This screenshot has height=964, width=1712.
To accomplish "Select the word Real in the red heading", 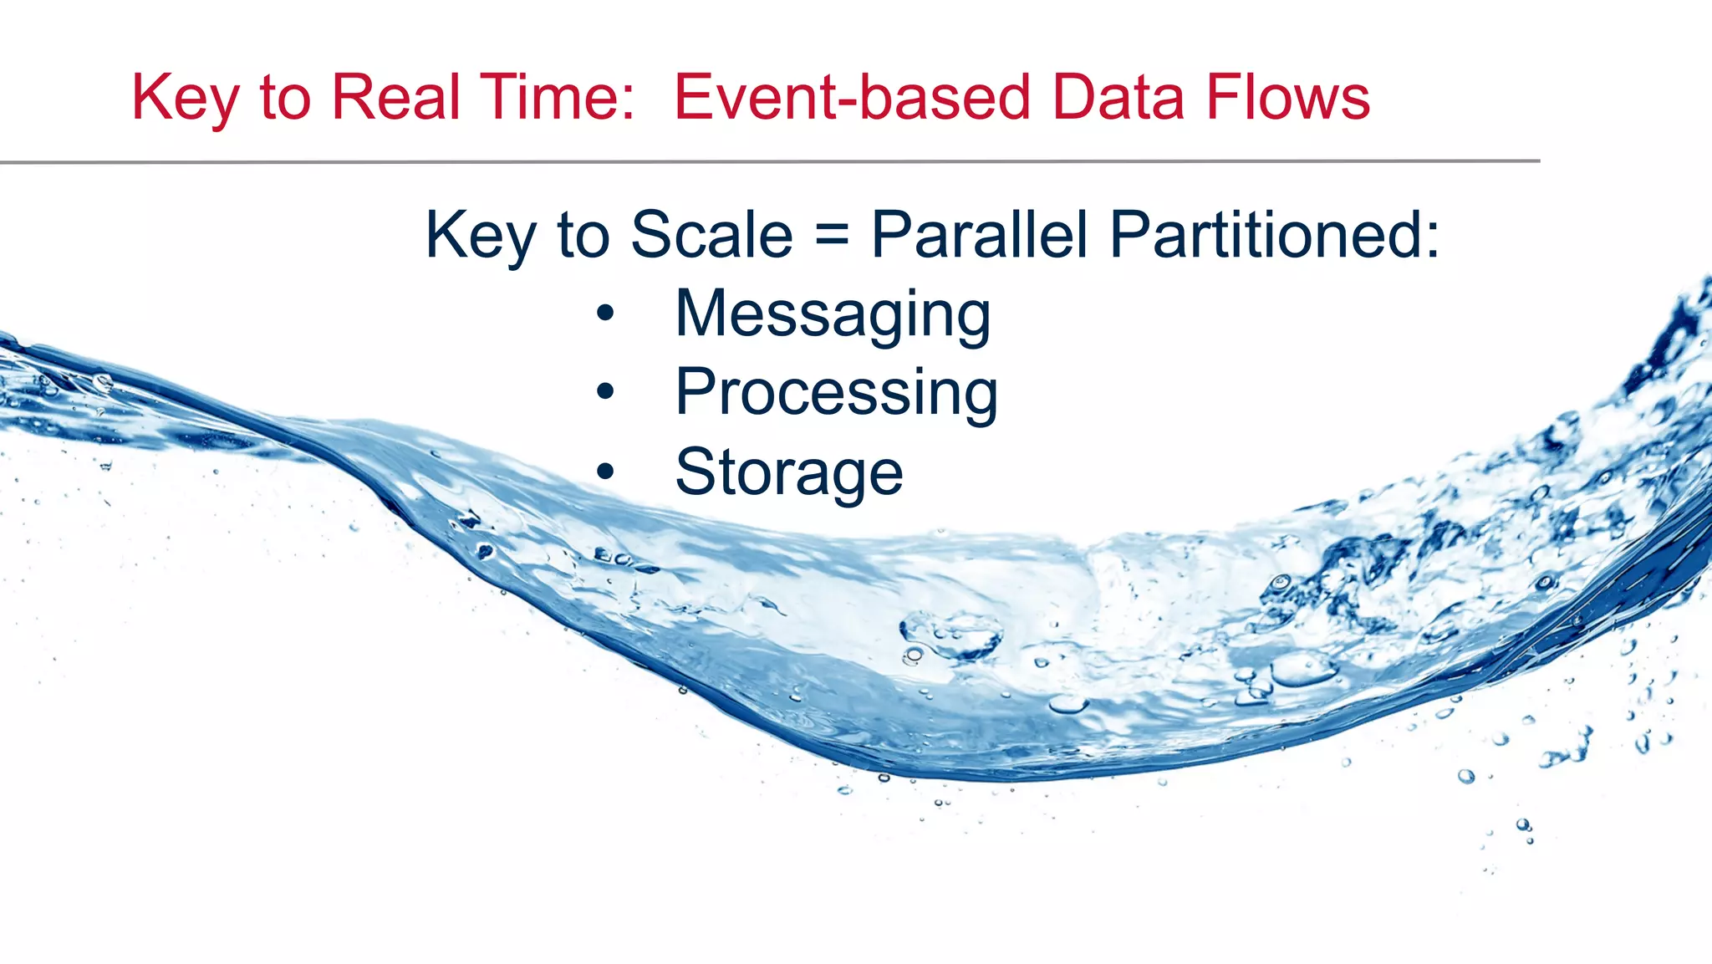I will point(396,98).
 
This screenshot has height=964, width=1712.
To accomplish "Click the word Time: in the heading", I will point(557,98).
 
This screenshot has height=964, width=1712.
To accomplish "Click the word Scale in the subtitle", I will point(711,235).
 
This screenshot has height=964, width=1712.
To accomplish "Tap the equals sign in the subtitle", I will point(832,235).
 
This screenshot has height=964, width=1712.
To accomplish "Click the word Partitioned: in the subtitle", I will point(1276,235).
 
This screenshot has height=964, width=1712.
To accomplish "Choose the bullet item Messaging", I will point(833,314).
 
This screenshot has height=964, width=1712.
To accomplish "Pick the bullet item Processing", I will point(836,393).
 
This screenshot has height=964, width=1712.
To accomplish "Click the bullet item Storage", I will point(789,472).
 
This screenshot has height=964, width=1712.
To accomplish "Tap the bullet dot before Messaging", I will point(605,314).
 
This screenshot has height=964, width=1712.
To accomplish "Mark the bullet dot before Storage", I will point(605,472).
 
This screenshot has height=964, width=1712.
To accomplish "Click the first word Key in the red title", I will point(186,98).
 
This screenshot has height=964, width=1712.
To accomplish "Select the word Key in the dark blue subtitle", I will point(481,235).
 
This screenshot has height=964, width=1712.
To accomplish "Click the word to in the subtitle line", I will point(583,235).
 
